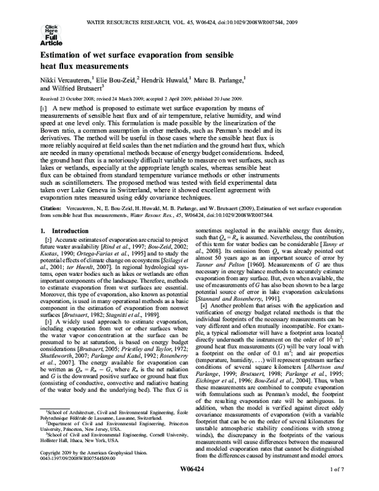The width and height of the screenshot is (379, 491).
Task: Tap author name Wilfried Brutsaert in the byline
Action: (x=76, y=90)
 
